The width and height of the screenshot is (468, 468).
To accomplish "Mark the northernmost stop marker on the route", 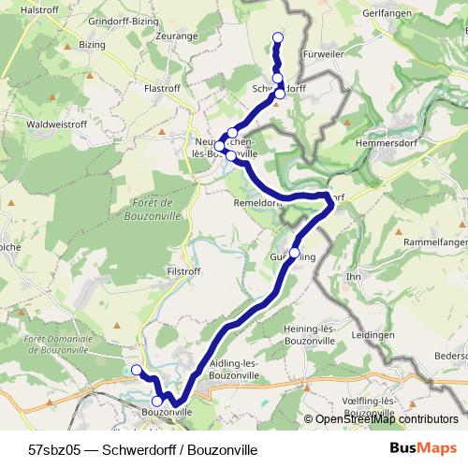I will pyautogui.click(x=277, y=37).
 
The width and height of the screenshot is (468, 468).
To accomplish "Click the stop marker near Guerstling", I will pyautogui.click(x=295, y=254).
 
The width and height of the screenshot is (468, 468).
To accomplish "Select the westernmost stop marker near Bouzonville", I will pyautogui.click(x=136, y=370).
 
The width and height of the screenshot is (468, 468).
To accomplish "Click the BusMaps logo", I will pyautogui.click(x=422, y=448).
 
